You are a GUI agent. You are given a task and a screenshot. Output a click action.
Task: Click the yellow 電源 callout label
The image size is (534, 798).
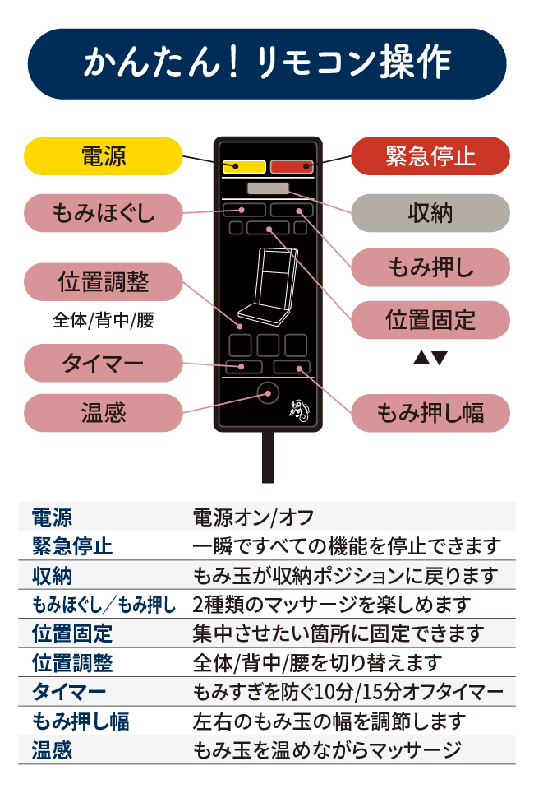click(103, 156)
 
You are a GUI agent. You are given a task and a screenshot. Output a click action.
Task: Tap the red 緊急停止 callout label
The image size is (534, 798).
click(430, 156)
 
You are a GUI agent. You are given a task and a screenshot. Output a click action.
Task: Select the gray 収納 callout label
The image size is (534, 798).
click(430, 213)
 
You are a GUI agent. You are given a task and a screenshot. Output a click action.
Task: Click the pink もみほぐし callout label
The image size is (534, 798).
click(103, 213)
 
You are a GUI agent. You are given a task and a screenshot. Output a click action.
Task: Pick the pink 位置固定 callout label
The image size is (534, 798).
click(430, 319)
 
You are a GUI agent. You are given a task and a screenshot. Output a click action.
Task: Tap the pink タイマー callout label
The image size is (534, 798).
click(103, 363)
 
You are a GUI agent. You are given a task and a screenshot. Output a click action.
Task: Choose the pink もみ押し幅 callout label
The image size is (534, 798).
click(430, 413)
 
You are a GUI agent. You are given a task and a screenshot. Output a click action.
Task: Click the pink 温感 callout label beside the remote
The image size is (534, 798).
click(103, 413)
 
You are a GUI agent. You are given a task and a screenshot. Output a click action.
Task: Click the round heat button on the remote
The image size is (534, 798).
click(267, 394)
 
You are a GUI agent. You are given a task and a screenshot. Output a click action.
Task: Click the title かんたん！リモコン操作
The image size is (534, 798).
click(267, 64)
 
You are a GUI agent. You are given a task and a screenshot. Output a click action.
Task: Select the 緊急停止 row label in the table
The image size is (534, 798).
click(72, 546)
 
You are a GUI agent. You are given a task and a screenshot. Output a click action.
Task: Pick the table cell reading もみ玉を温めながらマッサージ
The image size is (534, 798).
click(326, 749)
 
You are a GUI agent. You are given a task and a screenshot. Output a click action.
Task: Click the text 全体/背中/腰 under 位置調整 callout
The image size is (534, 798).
click(103, 321)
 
